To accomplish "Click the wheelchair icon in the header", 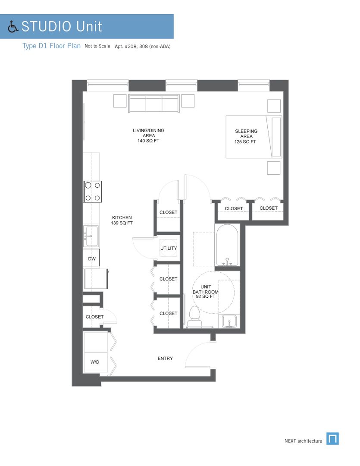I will (x=13, y=27).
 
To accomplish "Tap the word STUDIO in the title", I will (x=46, y=26).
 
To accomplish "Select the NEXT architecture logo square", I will (x=332, y=438).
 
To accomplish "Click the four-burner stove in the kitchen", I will (x=93, y=192).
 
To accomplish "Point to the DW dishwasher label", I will (x=91, y=259).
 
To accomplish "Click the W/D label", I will (x=95, y=362).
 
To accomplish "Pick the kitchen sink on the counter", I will (x=91, y=236).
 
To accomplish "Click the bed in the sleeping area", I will (x=254, y=136).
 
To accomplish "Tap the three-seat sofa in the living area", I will (x=153, y=104).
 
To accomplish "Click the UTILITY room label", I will (x=169, y=249).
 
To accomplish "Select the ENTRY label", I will (x=165, y=359).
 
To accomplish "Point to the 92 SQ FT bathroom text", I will (x=206, y=297).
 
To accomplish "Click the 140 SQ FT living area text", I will (x=148, y=141).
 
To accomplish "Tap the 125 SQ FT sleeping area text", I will (x=246, y=142).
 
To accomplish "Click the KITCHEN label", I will (x=122, y=217).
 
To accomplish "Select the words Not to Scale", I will (x=97, y=46).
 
